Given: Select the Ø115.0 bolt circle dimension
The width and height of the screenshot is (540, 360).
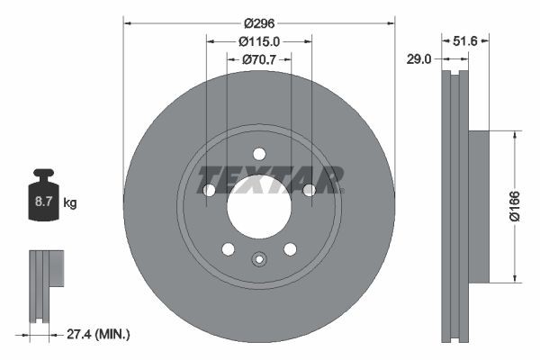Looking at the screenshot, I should [259, 40].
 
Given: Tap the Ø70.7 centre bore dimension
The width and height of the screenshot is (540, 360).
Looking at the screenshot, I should [259, 59].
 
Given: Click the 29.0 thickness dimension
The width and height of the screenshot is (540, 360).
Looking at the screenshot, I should [418, 59].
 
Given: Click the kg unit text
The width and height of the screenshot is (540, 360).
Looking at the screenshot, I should [70, 202].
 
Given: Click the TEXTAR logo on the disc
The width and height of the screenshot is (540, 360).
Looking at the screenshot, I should [271, 179].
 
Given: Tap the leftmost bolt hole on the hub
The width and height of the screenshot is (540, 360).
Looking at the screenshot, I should [209, 190].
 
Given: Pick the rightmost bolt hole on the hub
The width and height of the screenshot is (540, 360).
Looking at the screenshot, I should [310, 190].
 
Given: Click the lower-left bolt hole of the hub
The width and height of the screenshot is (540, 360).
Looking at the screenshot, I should [228, 248].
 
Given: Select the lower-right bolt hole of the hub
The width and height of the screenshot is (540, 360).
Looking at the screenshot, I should [290, 248].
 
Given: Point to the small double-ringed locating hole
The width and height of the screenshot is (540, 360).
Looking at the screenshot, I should [259, 261].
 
